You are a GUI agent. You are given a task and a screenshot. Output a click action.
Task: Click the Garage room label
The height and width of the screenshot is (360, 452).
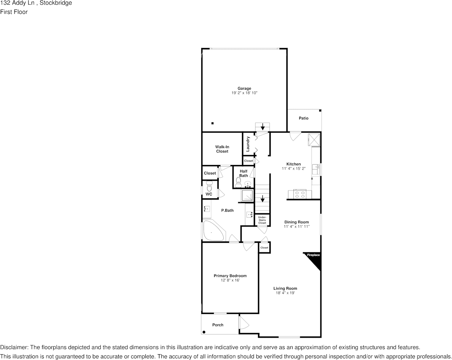point(244,89)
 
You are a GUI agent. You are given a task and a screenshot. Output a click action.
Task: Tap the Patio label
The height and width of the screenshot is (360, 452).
point(304,118)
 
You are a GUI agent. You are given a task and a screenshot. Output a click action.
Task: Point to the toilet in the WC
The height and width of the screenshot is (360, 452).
point(209,186)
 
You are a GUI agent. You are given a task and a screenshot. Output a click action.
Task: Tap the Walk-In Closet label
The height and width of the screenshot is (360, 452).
point(222,149)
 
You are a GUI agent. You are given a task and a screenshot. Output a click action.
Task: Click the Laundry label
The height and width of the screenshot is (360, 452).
point(248,144)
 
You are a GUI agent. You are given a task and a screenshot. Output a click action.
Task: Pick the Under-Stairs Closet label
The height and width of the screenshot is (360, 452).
point(262,220)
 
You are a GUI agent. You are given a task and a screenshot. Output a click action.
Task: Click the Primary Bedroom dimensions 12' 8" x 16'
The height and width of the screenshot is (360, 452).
point(230,280)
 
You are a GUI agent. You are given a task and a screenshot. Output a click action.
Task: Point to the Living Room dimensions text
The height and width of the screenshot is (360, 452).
point(285,293)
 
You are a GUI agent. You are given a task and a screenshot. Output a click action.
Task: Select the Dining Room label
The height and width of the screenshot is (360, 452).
point(296,222)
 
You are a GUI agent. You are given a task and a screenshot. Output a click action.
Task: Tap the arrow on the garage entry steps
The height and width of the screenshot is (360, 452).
point(262,127)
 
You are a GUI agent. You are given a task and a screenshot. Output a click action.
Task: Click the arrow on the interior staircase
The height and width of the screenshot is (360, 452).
point(262,198)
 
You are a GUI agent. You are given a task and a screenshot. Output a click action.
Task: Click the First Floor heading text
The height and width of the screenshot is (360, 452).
point(14,12)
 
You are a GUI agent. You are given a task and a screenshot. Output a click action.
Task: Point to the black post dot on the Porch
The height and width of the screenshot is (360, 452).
point(204,332)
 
